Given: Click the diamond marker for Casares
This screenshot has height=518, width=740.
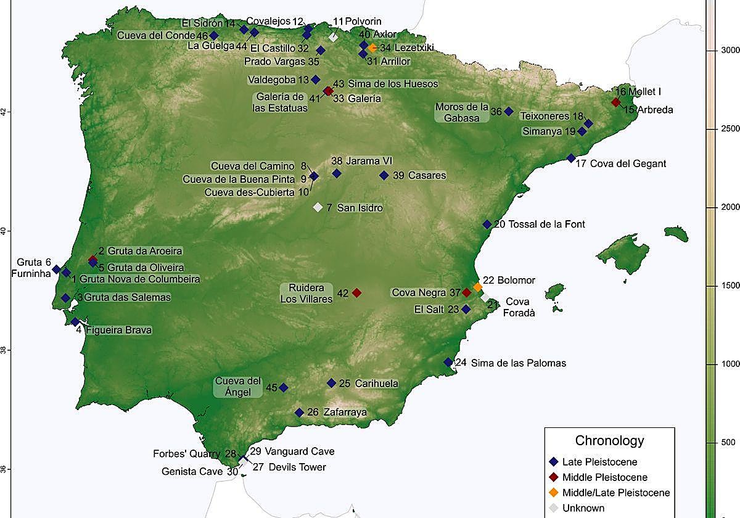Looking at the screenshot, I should [384, 175].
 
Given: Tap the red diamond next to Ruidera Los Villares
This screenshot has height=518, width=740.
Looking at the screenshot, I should [356, 292].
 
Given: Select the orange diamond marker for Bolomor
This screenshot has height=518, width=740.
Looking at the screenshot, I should [478, 287].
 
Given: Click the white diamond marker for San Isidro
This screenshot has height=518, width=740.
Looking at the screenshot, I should [318, 207].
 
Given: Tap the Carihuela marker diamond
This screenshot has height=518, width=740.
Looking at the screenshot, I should [332, 383].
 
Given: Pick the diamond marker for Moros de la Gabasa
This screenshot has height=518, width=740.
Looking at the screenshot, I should [509, 111].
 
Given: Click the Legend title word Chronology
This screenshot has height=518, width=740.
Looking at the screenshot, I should [609, 440].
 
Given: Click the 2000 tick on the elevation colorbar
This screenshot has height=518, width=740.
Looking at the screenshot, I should [731, 207].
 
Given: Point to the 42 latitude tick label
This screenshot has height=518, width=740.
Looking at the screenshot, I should [6, 112].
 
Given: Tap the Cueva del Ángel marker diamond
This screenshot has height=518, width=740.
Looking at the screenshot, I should [284, 387].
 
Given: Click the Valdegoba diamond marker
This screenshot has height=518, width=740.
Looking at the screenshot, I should [316, 79].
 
